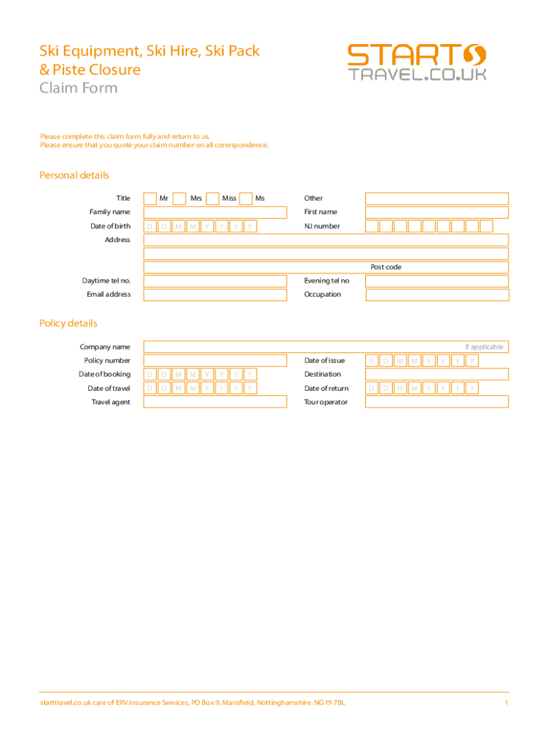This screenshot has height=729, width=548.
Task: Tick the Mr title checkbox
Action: pyautogui.click(x=150, y=199)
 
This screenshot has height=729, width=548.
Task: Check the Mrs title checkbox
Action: pyautogui.click(x=180, y=199)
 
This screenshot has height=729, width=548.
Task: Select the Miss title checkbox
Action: pyautogui.click(x=212, y=199)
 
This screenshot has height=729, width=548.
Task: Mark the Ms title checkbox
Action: pyautogui.click(x=246, y=199)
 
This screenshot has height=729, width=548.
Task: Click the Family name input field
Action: pyautogui.click(x=215, y=212)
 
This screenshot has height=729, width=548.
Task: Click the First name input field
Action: pyautogui.click(x=437, y=212)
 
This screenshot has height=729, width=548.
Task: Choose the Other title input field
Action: pyautogui.click(x=437, y=199)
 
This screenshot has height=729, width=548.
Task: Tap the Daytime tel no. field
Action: pyautogui.click(x=215, y=281)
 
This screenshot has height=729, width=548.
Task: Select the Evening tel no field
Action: pyautogui.click(x=437, y=281)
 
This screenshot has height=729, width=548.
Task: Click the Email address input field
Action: pyautogui.click(x=215, y=295)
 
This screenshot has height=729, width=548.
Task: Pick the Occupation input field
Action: pyautogui.click(x=437, y=295)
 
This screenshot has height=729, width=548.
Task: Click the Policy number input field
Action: pyautogui.click(x=215, y=361)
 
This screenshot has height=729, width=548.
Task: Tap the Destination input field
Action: pyautogui.click(x=437, y=374)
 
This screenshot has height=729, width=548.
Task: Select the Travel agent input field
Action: pyautogui.click(x=215, y=402)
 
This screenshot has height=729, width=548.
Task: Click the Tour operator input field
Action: pyautogui.click(x=437, y=402)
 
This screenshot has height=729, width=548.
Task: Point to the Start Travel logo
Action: pyautogui.click(x=417, y=63)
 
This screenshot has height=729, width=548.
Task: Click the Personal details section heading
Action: pyautogui.click(x=74, y=175)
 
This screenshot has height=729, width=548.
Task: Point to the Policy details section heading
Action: pyautogui.click(x=68, y=323)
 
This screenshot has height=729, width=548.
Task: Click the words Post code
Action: pyautogui.click(x=386, y=267)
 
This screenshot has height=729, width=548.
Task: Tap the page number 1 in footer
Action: pyautogui.click(x=505, y=703)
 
